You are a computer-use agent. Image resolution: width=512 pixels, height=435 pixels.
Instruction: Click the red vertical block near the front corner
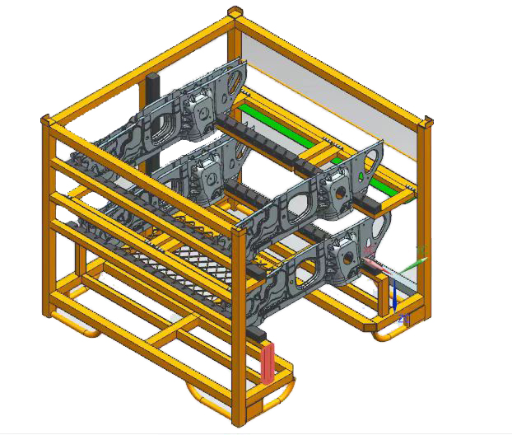tap(268, 362)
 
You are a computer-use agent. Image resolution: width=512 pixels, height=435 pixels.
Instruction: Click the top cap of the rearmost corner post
tap(235, 12)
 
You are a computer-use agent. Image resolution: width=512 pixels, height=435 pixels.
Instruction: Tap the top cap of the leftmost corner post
tap(46, 119)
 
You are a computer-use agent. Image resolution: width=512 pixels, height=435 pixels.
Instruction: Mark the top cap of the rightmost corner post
tap(426, 122)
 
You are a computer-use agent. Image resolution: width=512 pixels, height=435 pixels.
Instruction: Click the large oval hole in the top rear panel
tap(237, 80)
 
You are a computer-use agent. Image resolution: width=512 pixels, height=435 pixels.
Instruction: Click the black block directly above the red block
tap(262, 335)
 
